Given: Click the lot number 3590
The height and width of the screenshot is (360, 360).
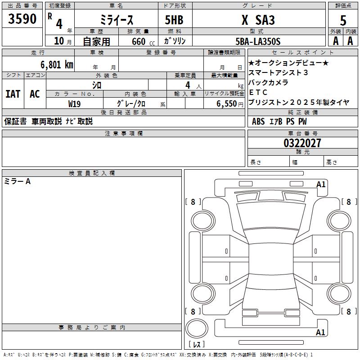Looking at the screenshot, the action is coord(22,18).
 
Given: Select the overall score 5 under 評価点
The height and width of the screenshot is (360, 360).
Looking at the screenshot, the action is coord(343,20).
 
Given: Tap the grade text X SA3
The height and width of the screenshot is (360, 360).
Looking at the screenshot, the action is coord(258,20).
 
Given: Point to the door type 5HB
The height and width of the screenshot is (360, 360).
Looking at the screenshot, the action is coord(174,20).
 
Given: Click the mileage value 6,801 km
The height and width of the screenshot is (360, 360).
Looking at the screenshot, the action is coord(57,64).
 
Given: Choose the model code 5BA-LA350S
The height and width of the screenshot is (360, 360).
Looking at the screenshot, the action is coord(258,41).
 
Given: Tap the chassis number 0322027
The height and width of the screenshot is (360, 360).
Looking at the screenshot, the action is coord(302,143).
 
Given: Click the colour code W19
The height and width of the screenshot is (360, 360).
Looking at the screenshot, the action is coord(74,104).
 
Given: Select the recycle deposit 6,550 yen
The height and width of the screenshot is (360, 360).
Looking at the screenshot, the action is coord(229,104).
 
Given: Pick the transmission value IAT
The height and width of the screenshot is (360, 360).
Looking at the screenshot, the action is coord(13,94).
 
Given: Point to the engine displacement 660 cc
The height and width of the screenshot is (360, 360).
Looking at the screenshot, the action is coord(143,41).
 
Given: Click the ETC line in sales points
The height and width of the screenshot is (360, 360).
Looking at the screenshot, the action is coord(258,92).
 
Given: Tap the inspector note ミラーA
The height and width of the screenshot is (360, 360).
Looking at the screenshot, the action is coord(17,181).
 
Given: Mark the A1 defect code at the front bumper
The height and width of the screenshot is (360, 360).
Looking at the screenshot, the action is coord(321,184).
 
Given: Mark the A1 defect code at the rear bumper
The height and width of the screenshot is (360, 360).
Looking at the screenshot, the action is coord(320,332).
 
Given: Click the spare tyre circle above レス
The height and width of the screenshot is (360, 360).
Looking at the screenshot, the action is coord(197,328).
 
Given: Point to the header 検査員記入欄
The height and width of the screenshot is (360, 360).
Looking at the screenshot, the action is coord(92,173).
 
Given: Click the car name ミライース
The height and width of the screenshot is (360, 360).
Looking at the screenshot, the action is coord(117,20).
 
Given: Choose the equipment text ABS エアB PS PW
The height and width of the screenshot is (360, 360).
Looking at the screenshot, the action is coord(279,121).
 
